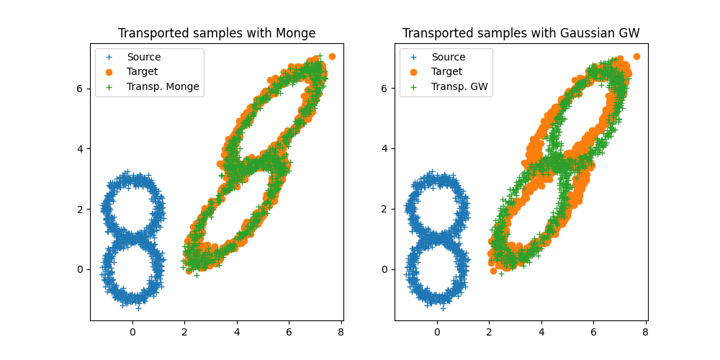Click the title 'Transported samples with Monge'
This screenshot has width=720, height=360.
click(217, 33)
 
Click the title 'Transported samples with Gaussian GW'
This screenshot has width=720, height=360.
click(521, 33)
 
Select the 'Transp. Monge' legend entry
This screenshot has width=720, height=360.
click(163, 87)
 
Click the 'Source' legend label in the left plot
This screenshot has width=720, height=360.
click(144, 57)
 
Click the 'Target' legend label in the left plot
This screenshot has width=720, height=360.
click(143, 72)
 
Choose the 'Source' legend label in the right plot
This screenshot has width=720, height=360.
click(448, 57)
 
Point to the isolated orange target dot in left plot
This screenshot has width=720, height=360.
click(332, 56)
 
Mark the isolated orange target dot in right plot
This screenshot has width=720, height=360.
click(636, 56)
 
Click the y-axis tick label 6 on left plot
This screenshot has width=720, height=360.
click(81, 89)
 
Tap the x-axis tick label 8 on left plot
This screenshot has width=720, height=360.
click(341, 333)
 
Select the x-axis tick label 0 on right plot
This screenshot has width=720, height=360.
click(437, 333)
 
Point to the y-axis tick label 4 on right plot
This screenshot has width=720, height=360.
click(386, 149)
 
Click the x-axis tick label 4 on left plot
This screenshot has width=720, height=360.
click(236, 333)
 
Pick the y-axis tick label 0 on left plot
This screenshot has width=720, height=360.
click(81, 270)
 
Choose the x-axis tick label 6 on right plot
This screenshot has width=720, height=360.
click(593, 333)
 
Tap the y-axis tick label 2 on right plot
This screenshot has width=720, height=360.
click(386, 210)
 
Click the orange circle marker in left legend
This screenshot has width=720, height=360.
click(110, 72)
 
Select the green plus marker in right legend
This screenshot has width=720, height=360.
click(414, 87)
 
